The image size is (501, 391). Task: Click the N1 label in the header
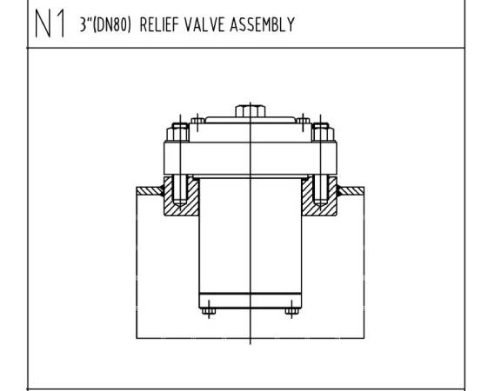point(50,23)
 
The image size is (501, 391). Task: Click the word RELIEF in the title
point(159,24)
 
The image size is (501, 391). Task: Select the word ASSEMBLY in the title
point(263,24)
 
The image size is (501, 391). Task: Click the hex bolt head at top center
point(250,111)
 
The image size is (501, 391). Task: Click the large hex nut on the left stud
point(177,134)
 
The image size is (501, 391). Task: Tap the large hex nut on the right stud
point(323,134)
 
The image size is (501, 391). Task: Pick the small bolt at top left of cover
point(197,121)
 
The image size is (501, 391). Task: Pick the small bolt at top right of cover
point(303,121)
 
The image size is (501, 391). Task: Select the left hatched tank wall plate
point(150,191)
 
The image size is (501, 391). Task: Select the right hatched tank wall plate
point(351,191)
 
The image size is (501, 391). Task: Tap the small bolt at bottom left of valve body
point(209,311)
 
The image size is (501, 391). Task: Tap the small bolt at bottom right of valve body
point(291,311)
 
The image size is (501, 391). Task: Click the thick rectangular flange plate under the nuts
point(250,158)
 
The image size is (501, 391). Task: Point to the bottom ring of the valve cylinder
point(250,301)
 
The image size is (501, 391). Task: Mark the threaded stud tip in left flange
point(179,202)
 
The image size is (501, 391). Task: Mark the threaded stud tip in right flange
point(321,202)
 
